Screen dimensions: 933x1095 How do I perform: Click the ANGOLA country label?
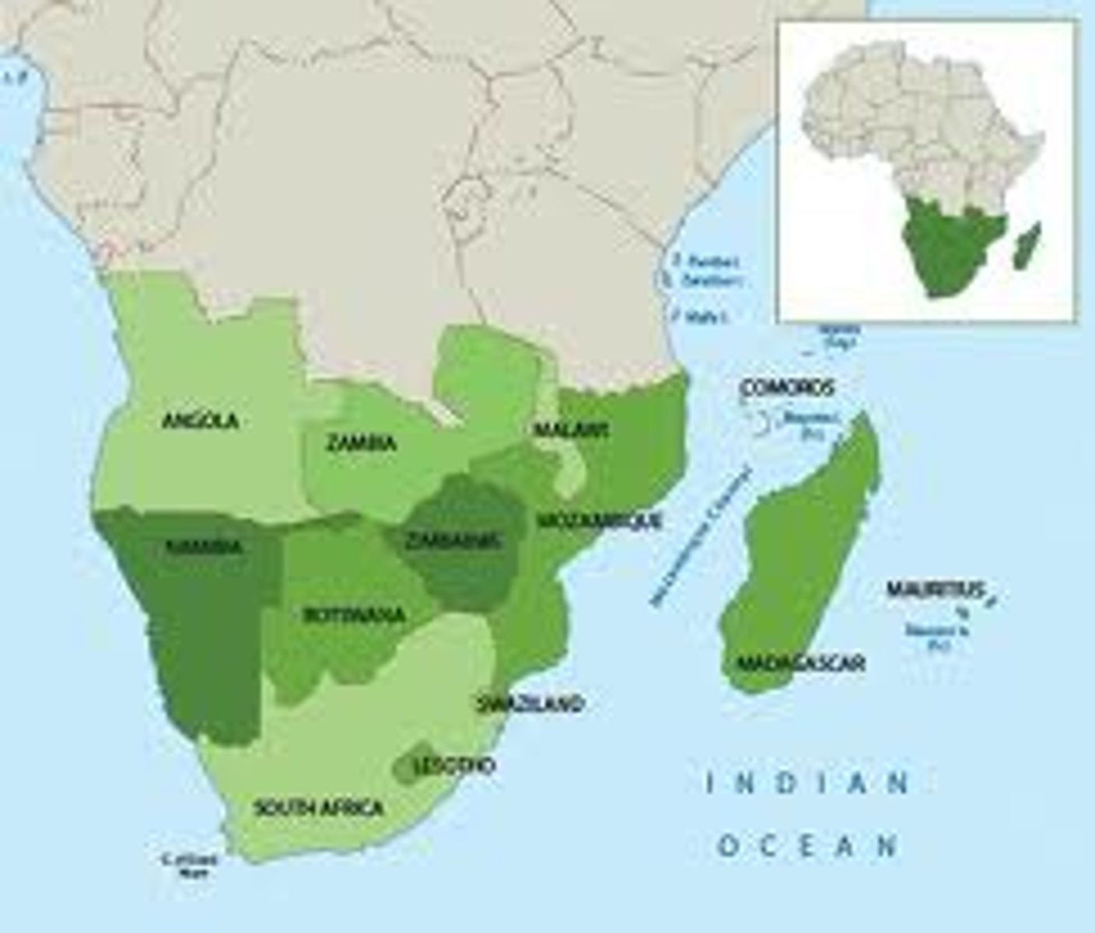click(199, 421)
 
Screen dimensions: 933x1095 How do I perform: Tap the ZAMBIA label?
click(361, 444)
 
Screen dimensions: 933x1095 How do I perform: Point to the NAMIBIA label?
click(204, 547)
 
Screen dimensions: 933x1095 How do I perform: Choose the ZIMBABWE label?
click(454, 541)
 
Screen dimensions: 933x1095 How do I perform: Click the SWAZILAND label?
click(530, 704)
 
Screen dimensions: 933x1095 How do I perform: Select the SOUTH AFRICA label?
click(319, 808)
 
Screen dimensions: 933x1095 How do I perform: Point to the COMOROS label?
click(787, 387)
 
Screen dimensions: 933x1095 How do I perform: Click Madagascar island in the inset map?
click(1027, 245)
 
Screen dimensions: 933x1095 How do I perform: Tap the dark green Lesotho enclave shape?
click(406, 766)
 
